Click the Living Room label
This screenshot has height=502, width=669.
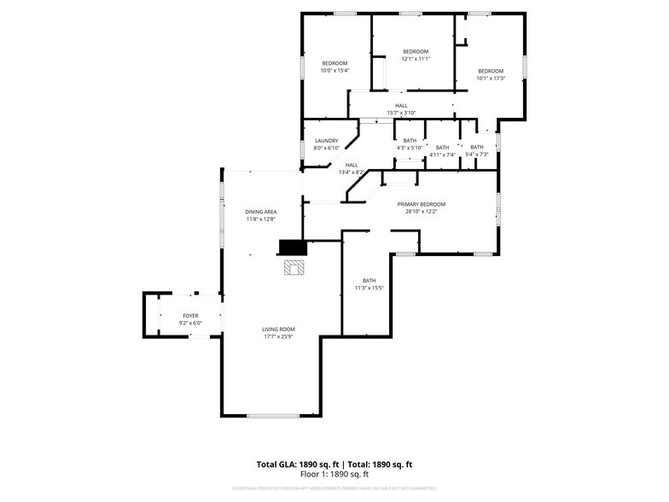(x=278, y=330)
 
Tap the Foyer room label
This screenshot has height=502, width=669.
(x=190, y=316)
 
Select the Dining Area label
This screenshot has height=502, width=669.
(x=260, y=212)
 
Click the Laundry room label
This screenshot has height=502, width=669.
(x=326, y=141)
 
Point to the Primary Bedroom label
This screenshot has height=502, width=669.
(x=421, y=204)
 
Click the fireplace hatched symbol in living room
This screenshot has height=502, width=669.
(x=295, y=268)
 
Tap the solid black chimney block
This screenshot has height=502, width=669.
(x=292, y=248)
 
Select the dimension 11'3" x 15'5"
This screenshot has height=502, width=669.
(x=369, y=288)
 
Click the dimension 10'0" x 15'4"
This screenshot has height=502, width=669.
(x=334, y=70)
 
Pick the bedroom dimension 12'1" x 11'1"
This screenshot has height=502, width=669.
(x=416, y=58)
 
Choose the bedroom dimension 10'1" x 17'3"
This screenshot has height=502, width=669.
(x=491, y=78)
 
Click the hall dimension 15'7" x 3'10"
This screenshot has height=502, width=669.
(x=401, y=113)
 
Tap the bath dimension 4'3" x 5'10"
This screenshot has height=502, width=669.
(x=410, y=148)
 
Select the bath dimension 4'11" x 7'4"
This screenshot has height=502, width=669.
(x=442, y=155)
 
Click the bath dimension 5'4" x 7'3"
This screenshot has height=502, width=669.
(x=476, y=155)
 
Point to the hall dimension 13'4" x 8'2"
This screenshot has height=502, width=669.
(x=351, y=172)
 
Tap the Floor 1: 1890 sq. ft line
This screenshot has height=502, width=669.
(x=334, y=474)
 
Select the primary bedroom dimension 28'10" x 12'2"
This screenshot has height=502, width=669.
(x=421, y=212)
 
